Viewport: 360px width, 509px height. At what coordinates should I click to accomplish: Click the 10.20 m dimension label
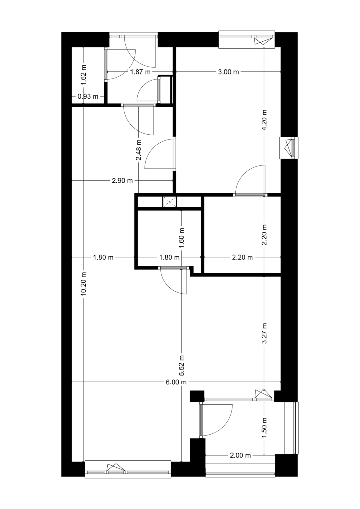click(x=84, y=283)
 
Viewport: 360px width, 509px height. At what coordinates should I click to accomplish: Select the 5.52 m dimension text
click(x=182, y=366)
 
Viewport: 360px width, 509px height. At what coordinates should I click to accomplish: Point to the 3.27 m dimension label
click(x=264, y=333)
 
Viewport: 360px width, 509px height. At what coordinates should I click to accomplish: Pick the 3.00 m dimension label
click(x=228, y=72)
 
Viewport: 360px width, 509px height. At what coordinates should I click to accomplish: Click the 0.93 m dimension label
click(x=88, y=96)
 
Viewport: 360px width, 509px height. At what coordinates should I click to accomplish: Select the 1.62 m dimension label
click(x=84, y=75)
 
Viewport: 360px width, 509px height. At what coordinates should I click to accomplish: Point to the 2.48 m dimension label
click(x=139, y=150)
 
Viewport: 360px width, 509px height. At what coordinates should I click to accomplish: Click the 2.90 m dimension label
click(x=122, y=181)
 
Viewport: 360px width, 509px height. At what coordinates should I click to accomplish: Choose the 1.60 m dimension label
click(x=182, y=238)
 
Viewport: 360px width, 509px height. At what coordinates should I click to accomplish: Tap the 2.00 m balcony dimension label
click(x=240, y=455)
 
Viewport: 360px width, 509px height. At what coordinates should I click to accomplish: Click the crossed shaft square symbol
click(x=170, y=202)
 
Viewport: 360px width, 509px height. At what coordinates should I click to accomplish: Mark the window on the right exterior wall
click(x=289, y=148)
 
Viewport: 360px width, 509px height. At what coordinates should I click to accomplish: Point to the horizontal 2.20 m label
click(x=242, y=257)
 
